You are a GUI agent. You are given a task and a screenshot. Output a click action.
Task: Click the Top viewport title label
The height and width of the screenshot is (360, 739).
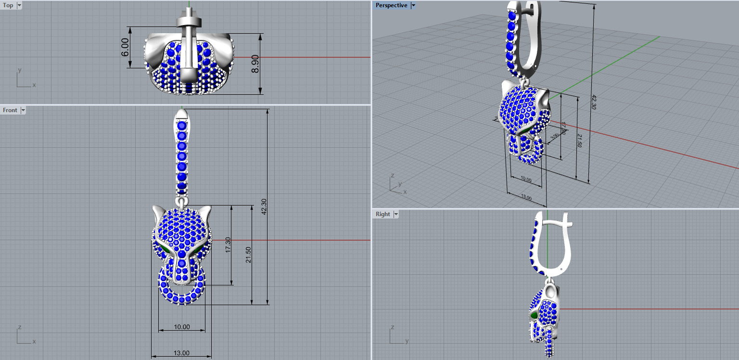click(8, 5)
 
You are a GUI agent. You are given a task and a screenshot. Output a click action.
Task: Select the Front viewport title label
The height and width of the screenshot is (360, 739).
click(10, 110)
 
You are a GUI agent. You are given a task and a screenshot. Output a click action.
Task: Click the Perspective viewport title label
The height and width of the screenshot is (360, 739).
click(391, 5)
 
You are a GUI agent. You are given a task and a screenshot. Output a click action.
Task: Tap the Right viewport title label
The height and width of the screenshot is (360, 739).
click(383, 214)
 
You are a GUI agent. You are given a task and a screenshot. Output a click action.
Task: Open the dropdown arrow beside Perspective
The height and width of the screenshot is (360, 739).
click(413, 5)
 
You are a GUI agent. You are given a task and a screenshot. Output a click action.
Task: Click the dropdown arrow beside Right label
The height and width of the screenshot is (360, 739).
click(396, 214)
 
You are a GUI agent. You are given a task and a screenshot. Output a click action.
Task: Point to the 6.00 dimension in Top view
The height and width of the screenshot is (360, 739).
click(126, 47)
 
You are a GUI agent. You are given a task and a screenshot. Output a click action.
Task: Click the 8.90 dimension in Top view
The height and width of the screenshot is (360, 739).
click(255, 64)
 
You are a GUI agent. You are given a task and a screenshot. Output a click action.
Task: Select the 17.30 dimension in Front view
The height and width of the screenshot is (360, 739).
click(228, 245)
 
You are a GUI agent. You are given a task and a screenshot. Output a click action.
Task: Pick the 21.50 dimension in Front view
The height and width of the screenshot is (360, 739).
click(248, 255)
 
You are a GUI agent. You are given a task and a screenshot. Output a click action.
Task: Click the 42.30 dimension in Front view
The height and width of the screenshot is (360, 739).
click(264, 207)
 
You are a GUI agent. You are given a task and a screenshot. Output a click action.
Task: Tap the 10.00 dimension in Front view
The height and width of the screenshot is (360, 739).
click(182, 327)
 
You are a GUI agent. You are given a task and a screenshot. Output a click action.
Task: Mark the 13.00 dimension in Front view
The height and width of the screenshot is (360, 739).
click(181, 353)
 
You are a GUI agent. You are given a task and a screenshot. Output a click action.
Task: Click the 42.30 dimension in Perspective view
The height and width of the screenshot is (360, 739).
click(593, 103)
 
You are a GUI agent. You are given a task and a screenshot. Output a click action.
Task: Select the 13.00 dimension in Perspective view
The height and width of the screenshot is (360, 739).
click(526, 197)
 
